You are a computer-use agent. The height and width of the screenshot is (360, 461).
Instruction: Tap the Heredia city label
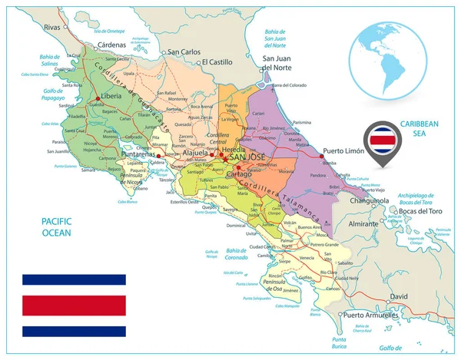coord(233,149)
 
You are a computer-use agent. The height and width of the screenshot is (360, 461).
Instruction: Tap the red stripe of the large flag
coord(74,305)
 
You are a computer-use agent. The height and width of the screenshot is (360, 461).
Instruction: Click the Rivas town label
coord(52,28)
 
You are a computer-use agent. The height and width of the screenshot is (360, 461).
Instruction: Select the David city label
coord(400,296)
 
